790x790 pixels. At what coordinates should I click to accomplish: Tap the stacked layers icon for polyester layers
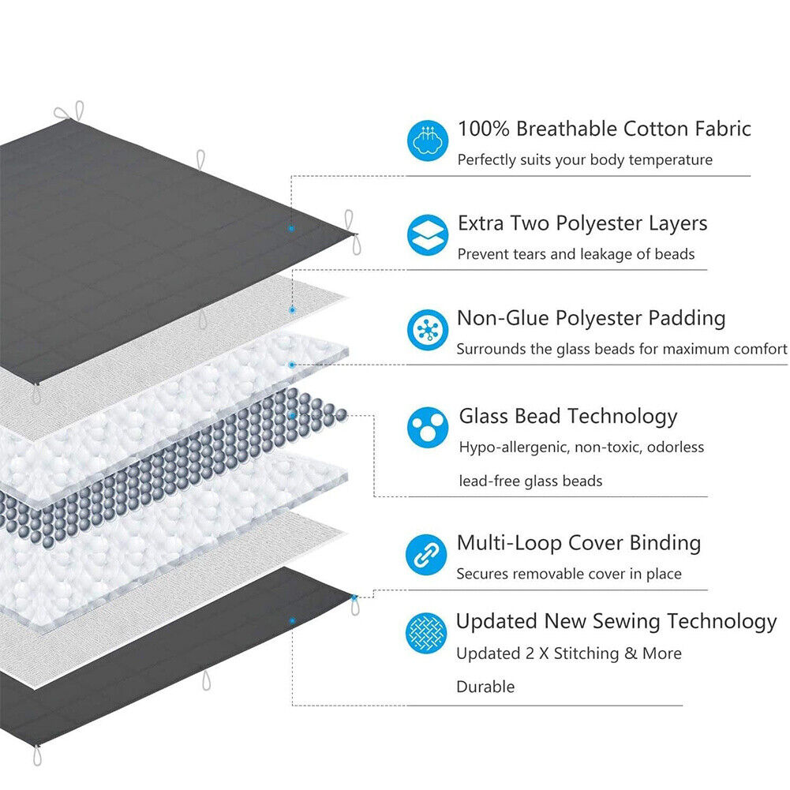428,234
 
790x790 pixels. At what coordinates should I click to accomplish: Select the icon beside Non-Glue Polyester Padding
428,330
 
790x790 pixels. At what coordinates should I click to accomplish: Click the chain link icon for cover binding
427,554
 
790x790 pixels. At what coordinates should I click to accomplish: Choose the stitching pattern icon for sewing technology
427,633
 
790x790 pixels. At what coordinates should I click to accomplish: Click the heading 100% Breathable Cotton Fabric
604,129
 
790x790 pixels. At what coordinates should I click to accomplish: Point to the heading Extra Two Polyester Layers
582,223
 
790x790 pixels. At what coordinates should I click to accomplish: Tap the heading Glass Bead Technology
568,416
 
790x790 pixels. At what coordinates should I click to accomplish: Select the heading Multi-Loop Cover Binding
578,543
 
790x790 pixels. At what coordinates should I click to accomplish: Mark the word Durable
485,687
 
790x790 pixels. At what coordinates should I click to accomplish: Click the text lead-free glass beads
530,481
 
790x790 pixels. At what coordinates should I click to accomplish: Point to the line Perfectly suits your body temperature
585,159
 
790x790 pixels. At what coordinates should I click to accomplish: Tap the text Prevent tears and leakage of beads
576,254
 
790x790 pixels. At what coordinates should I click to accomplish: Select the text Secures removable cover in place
569,574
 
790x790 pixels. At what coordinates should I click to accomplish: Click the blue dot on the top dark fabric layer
291,228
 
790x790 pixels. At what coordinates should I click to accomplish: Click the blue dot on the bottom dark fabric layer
292,621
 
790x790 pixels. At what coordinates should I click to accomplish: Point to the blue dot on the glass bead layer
292,414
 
